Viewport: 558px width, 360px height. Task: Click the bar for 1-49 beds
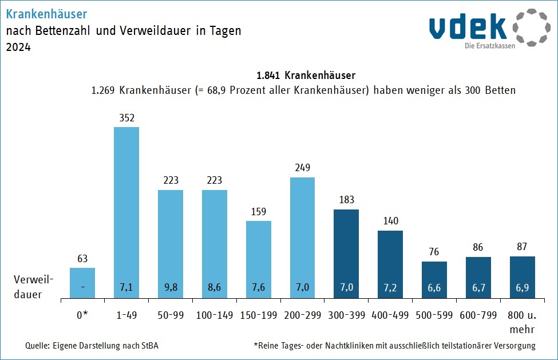coord(126,212)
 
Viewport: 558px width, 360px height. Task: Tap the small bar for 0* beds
coord(82,283)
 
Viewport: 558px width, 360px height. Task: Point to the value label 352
coord(126,118)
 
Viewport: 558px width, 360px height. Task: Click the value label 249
coord(302,168)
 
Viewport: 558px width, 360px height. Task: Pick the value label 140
coord(390,221)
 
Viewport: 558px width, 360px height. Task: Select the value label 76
coord(434,252)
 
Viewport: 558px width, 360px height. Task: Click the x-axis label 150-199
coord(259,315)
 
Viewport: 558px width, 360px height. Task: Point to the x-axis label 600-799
coord(478,315)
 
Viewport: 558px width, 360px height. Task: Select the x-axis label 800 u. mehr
coord(523,322)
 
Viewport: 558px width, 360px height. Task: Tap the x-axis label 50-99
coord(171,315)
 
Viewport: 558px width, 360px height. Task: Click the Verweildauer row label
coord(34,287)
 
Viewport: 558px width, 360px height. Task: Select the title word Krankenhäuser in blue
coord(47,13)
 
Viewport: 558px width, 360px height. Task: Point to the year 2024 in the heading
coord(18,48)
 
